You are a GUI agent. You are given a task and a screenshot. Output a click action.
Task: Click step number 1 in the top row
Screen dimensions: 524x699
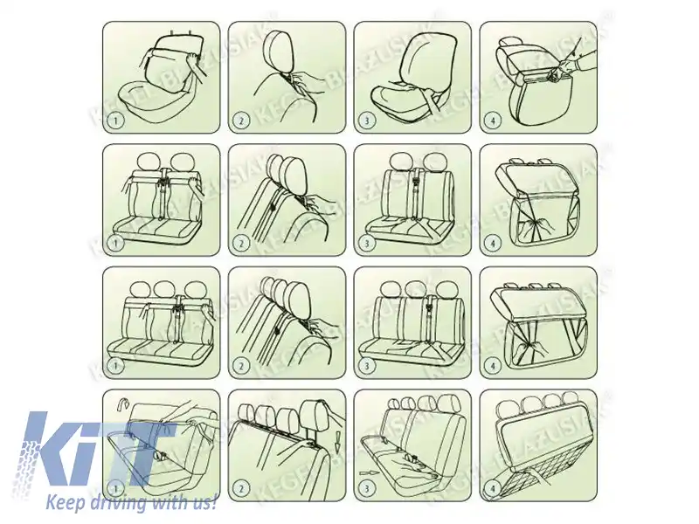click(x=114, y=121)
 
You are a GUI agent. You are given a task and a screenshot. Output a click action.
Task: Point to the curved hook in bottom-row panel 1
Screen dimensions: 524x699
click(x=123, y=404)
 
